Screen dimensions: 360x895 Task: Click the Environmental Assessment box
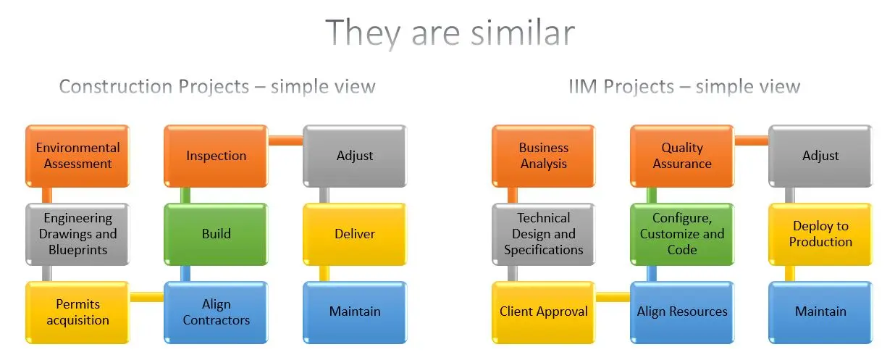point(77,156)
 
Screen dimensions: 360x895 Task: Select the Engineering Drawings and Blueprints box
point(77,234)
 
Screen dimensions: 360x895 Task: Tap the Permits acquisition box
point(77,312)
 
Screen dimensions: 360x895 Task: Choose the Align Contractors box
point(216,312)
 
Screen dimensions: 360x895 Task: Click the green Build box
point(216,234)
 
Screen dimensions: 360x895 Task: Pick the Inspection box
point(216,156)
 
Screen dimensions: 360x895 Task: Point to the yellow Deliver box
point(354,234)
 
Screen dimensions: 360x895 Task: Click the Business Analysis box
point(543,156)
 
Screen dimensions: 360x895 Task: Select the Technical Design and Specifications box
point(543,234)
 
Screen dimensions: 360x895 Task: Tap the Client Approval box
point(543,312)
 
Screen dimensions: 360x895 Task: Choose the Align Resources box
point(681,312)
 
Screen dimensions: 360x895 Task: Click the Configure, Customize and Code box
point(681,234)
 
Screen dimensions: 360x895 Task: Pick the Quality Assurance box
point(681,156)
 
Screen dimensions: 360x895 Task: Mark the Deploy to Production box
point(820,234)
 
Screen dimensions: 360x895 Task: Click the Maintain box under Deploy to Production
point(820,312)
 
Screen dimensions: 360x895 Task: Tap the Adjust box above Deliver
point(354,156)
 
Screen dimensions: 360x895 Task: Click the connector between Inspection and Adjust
point(285,141)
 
